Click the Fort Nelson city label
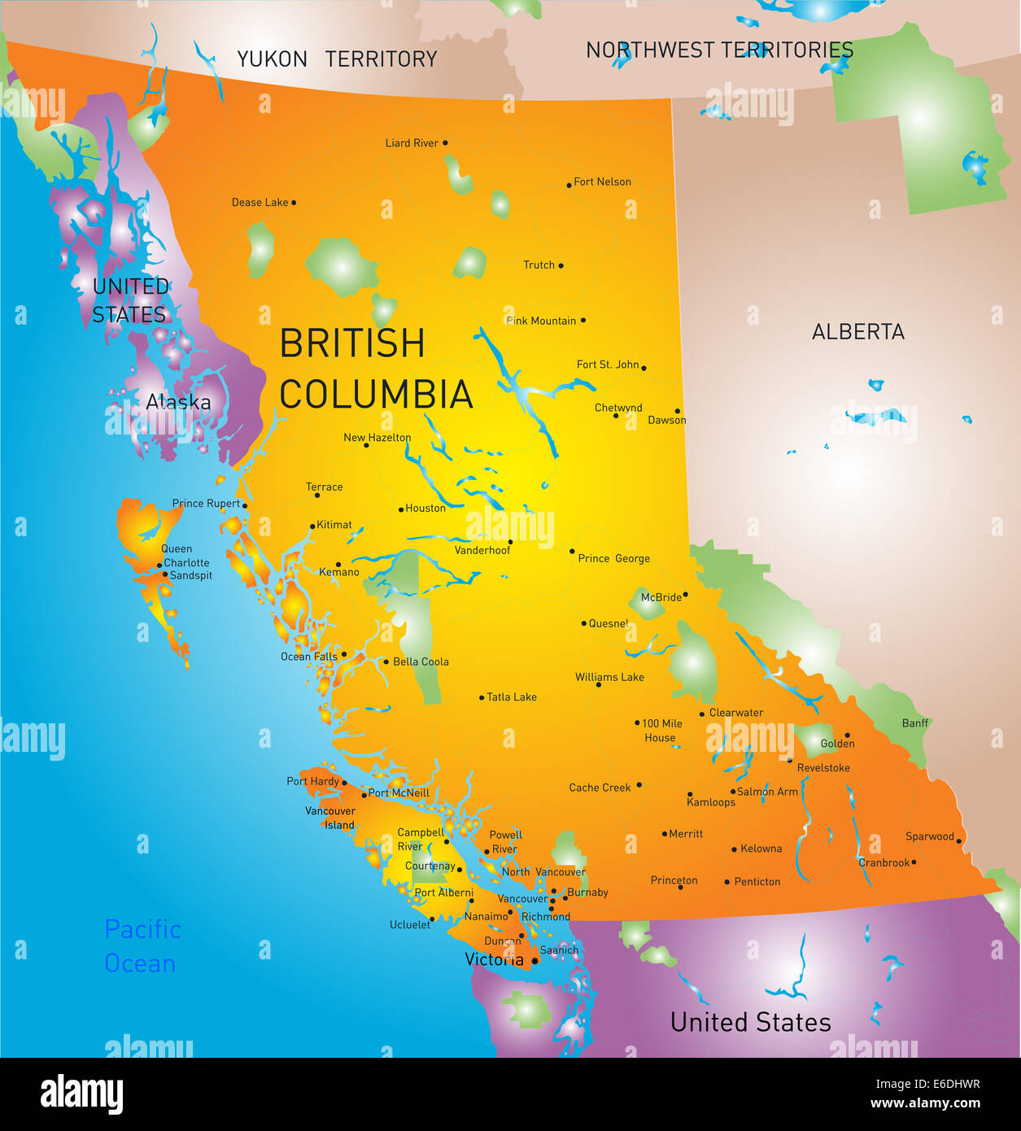[x=602, y=181]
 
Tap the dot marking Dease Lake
[x=294, y=203]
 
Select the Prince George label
[x=613, y=558]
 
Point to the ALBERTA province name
[x=857, y=331]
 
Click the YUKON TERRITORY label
[x=337, y=59]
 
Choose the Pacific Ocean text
[x=142, y=945]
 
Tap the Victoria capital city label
[x=494, y=959]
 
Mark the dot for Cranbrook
[x=914, y=862]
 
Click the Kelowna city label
[x=761, y=848]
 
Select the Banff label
[x=914, y=723]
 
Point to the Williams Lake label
[x=609, y=677]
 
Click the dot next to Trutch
[x=561, y=265]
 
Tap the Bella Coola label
[x=421, y=662]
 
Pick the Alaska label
[x=178, y=401]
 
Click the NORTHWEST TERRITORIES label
[x=719, y=50]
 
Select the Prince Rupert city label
[x=206, y=504]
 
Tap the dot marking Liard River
[x=444, y=143]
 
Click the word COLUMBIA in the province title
[x=376, y=395]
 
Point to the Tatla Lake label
[x=511, y=697]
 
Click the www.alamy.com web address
[x=925, y=1103]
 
